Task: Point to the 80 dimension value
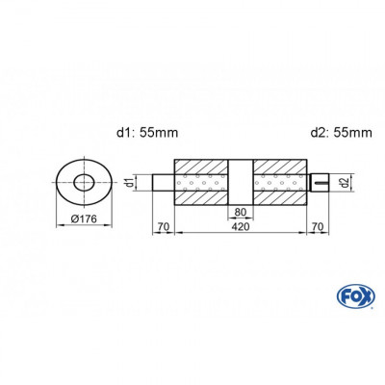point(240,212)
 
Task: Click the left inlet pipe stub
point(164,182)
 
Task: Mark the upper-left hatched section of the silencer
point(200,165)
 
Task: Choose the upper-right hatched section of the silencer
point(280,165)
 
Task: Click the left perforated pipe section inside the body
point(200,182)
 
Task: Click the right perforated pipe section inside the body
point(280,182)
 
